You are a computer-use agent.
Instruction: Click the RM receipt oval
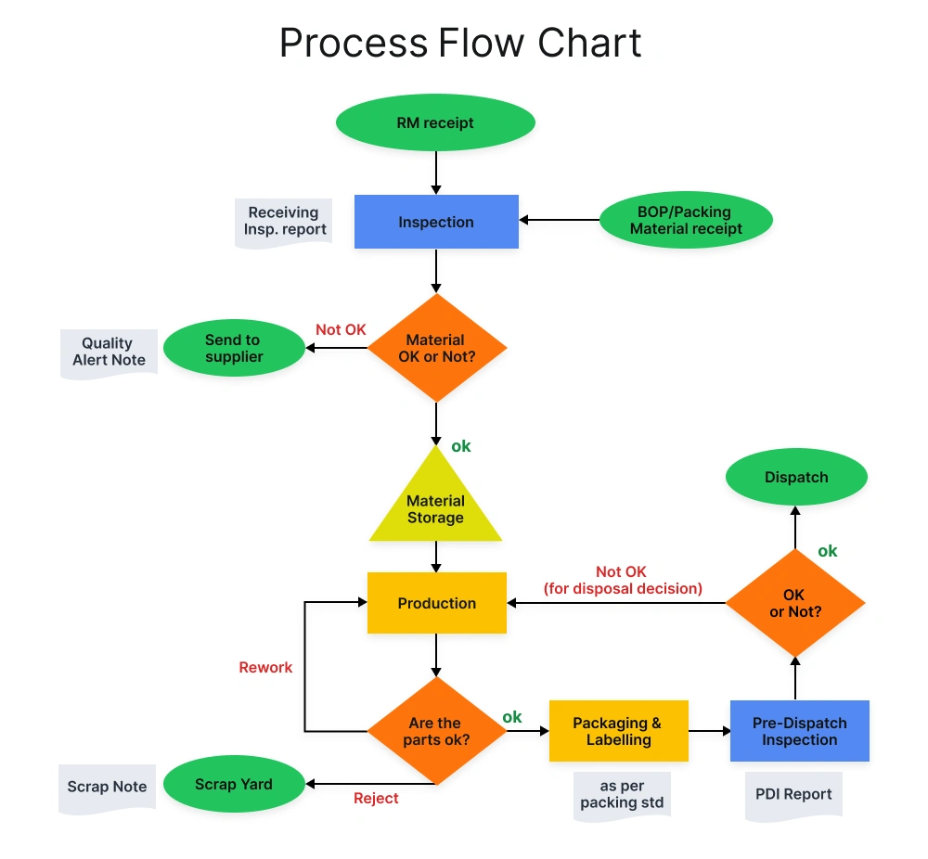click(x=435, y=122)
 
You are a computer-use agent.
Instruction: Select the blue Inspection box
click(x=436, y=222)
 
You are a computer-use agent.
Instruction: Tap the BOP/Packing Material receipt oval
click(x=686, y=221)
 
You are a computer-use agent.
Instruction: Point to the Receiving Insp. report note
click(x=283, y=222)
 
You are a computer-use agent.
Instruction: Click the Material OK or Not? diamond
click(x=437, y=349)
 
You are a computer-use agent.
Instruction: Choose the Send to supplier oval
click(x=234, y=349)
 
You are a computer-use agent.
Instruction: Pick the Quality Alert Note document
click(x=109, y=352)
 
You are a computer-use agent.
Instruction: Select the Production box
click(x=437, y=603)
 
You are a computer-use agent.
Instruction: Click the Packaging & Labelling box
click(x=618, y=731)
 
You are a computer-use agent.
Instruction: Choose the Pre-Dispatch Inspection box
click(x=799, y=731)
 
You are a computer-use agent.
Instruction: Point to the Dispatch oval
click(x=796, y=478)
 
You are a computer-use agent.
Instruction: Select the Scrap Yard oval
click(x=234, y=785)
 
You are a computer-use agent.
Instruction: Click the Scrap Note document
click(x=107, y=788)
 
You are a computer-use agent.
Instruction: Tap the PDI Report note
click(x=793, y=794)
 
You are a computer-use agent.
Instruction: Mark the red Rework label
click(x=265, y=667)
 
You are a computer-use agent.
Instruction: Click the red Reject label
click(x=376, y=798)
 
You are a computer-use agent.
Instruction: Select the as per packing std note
click(x=622, y=795)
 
